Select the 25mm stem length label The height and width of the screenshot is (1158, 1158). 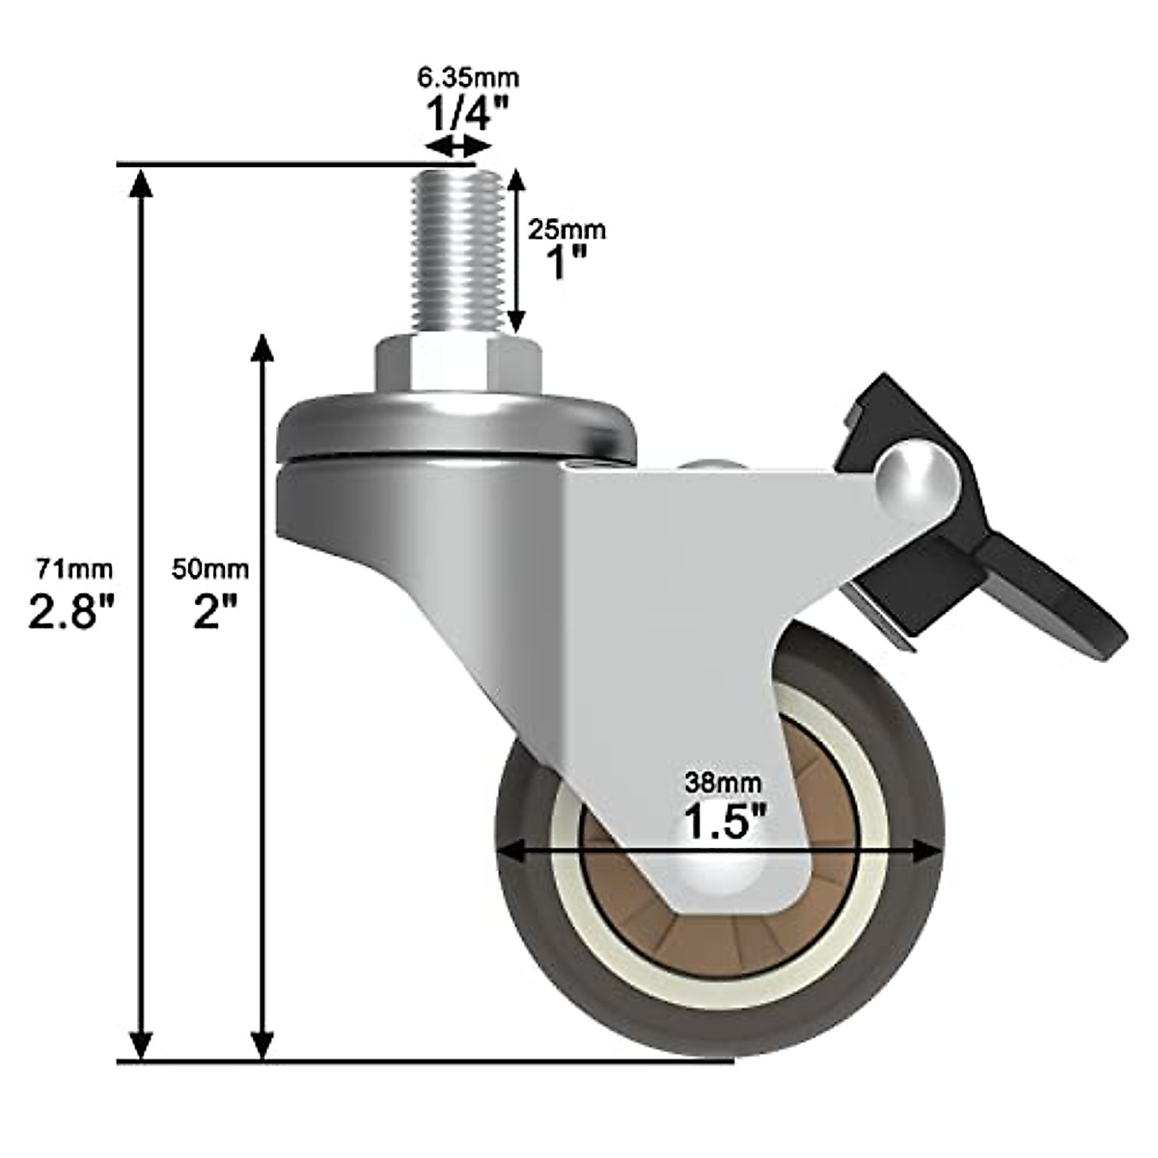pyautogui.click(x=566, y=230)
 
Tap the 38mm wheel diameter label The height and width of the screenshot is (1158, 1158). pyautogui.click(x=723, y=781)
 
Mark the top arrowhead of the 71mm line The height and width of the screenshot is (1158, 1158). pyautogui.click(x=142, y=183)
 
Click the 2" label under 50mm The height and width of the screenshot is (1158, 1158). pyautogui.click(x=209, y=611)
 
